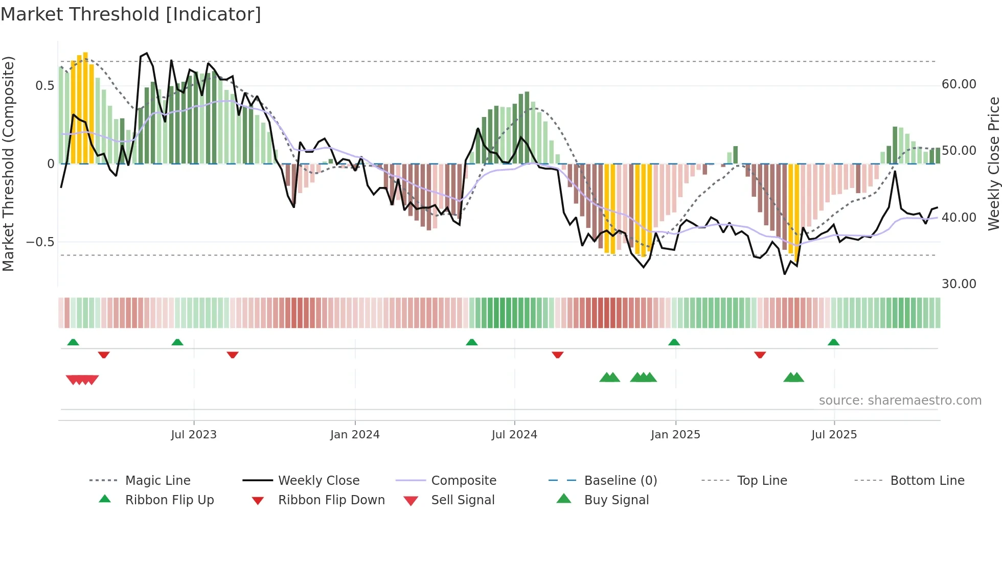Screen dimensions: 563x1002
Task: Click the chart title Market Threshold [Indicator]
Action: tap(131, 14)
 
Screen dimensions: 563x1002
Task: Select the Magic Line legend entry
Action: tap(157, 480)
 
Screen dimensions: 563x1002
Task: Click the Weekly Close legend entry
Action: tap(318, 480)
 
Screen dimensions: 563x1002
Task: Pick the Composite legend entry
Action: tap(463, 480)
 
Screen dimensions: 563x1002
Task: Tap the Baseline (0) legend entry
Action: tap(620, 480)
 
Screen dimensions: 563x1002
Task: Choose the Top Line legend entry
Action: tap(762, 480)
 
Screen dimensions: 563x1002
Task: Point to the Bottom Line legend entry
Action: tap(927, 480)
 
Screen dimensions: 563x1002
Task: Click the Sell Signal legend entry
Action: tap(462, 500)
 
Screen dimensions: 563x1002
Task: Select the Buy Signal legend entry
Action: tap(616, 500)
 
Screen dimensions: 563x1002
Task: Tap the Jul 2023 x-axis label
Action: tap(194, 435)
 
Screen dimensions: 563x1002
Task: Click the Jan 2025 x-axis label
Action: tap(675, 435)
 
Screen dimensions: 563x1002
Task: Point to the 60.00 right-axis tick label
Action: tap(959, 84)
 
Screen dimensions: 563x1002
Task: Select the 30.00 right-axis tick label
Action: tap(959, 284)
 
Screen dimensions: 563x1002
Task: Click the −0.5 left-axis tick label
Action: tap(40, 242)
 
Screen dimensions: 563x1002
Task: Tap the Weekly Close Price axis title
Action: tap(993, 163)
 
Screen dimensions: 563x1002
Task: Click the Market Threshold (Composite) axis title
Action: tap(8, 163)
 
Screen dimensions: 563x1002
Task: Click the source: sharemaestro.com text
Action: tap(900, 401)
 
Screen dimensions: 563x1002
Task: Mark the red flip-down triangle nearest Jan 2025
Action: tap(760, 355)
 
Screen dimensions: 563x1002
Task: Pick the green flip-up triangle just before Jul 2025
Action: tap(833, 342)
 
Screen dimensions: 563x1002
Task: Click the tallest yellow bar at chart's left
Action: tap(85, 107)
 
